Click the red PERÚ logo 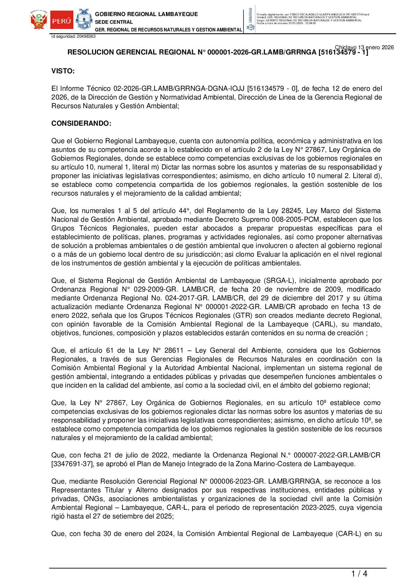pos(61,20)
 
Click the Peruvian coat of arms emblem pos(39,20)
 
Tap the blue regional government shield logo pos(84,20)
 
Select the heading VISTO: pos(63,71)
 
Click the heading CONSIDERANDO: pos(81,124)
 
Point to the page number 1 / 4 pos(359,574)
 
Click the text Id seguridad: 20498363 pos(73,36)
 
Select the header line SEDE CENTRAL pos(114,22)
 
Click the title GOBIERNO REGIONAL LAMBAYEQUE pos(146,14)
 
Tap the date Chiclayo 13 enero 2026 pos(364,47)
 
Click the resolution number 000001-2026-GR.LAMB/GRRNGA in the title pos(262,52)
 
